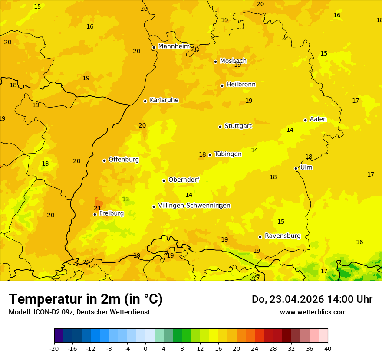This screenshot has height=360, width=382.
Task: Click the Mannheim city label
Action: tap(174, 46)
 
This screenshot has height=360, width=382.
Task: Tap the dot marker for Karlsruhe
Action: tap(145, 101)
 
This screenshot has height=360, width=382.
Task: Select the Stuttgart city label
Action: tap(238, 126)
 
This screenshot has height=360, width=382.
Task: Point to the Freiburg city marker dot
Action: tap(95, 214)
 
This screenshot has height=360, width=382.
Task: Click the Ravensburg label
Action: tap(283, 236)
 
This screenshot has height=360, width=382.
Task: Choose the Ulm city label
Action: tap(306, 167)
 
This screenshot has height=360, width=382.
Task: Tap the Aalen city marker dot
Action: tap(305, 120)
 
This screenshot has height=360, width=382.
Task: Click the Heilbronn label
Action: tap(241, 85)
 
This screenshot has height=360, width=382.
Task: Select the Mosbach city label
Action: tap(233, 61)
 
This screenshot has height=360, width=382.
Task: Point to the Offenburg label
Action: tap(124, 160)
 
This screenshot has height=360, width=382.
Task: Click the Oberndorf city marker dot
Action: tap(164, 180)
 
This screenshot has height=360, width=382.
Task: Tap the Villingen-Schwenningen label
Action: tap(194, 206)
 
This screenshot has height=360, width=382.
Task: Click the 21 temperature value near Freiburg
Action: tap(98, 208)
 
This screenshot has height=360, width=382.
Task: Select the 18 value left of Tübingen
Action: tap(202, 155)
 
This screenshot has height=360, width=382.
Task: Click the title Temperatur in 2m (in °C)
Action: tap(86, 299)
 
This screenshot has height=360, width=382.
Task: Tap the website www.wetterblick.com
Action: tap(313, 312)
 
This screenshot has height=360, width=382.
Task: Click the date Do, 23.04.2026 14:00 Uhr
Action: tap(312, 299)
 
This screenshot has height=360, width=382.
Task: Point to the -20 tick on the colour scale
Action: tap(54, 348)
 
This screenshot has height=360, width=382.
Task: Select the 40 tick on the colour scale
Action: tap(327, 348)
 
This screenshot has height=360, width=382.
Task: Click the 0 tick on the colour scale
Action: tap(145, 348)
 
